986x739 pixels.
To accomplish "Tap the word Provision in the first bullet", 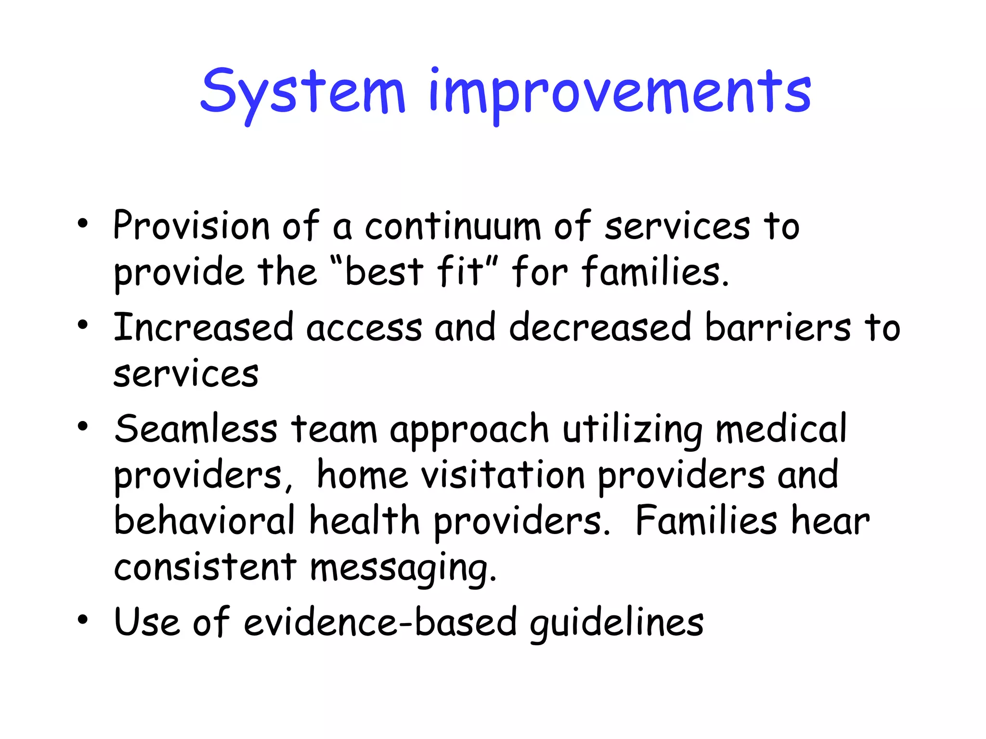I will pos(191,226).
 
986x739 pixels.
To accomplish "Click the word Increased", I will pos(203,328).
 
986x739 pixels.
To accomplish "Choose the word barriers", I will pos(778,328).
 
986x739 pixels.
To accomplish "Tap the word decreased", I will pos(600,328).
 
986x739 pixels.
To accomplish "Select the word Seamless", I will pos(196,429).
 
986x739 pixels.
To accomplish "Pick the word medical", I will pos(780,429).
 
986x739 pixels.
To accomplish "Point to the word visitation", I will pos(503,476).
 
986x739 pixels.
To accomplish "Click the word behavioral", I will pos(204,521).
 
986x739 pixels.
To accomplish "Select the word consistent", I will pos(205,568).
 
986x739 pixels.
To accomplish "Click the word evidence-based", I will pos(380,623).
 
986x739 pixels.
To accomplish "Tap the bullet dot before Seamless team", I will pos(83,426).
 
